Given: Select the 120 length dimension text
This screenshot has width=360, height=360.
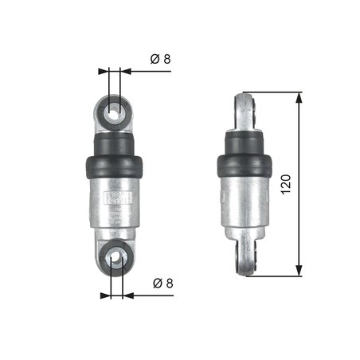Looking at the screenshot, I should point(287,185).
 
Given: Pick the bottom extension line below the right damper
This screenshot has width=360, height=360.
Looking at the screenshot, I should point(275,276).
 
